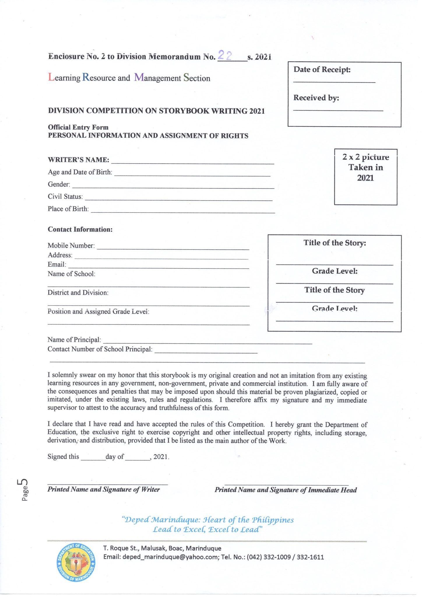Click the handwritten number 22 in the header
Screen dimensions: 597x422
pyautogui.click(x=225, y=55)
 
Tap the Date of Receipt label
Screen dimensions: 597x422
pyautogui.click(x=322, y=70)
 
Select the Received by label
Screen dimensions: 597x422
pyautogui.click(x=316, y=98)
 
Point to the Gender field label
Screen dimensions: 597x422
pyautogui.click(x=59, y=185)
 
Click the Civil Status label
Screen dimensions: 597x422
pyautogui.click(x=65, y=197)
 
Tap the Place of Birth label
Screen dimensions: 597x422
pyautogui.click(x=68, y=209)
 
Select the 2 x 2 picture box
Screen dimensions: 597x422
pyautogui.click(x=365, y=177)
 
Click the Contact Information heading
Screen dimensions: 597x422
pyautogui.click(x=80, y=229)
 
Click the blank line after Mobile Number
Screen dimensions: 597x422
pyautogui.click(x=173, y=246)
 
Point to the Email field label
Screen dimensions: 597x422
pyautogui.click(x=57, y=265)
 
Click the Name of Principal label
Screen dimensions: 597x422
pyautogui.click(x=74, y=340)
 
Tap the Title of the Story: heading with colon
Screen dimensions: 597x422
pyautogui.click(x=335, y=243)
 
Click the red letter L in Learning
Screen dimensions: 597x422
pyautogui.click(x=51, y=78)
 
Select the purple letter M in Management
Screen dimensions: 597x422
pyautogui.click(x=139, y=78)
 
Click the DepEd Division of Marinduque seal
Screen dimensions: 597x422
pyautogui.click(x=76, y=562)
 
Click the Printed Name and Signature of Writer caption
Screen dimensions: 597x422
pyautogui.click(x=103, y=489)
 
